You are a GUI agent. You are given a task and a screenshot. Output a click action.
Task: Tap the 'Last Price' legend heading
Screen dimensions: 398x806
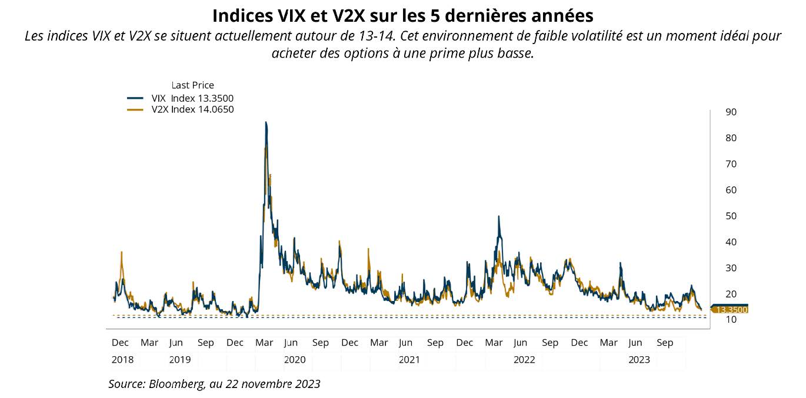pyautogui.click(x=192, y=85)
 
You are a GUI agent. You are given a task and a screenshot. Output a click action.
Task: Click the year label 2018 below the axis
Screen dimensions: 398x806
pyautogui.click(x=122, y=359)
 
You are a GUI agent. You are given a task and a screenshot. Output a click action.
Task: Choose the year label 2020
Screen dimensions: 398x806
pyautogui.click(x=295, y=359)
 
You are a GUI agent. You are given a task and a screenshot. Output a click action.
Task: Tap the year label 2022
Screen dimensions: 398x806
pyautogui.click(x=524, y=359)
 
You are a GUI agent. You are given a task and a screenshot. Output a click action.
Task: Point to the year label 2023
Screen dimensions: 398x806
pyautogui.click(x=639, y=359)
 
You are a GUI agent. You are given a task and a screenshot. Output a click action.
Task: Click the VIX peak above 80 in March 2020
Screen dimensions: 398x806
pyautogui.click(x=266, y=123)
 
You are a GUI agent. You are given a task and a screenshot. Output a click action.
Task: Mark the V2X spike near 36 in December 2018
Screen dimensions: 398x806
pyautogui.click(x=121, y=252)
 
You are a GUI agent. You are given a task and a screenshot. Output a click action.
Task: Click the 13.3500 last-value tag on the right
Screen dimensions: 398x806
pyautogui.click(x=731, y=309)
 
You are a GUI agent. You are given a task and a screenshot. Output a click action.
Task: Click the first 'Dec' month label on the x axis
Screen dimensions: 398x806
pyautogui.click(x=121, y=342)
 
